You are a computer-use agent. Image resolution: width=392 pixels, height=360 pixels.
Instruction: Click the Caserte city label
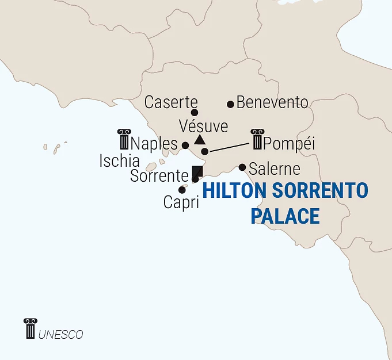coord(171,102)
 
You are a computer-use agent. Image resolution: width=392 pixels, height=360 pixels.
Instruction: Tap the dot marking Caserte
coord(195,113)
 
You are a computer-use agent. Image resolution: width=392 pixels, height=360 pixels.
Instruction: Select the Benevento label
coord(272,103)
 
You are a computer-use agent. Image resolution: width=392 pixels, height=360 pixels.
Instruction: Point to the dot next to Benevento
coord(230,104)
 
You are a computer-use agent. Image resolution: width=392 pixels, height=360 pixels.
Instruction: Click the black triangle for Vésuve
coord(199,140)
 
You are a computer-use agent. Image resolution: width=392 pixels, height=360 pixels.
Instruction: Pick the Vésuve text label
coord(203,126)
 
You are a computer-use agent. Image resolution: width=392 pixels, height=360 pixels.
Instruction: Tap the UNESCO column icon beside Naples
coord(124,139)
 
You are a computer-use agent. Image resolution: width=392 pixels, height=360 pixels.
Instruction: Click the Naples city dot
coord(185,145)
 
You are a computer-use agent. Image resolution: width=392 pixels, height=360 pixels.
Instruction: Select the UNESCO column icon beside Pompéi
coord(257,139)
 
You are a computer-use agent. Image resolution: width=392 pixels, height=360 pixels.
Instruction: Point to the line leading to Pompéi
coord(230,146)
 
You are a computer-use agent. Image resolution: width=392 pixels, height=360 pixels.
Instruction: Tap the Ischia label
coord(119,160)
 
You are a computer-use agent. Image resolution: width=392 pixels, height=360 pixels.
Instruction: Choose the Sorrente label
coord(159,176)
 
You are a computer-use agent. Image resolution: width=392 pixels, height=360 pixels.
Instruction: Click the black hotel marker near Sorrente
coord(197,171)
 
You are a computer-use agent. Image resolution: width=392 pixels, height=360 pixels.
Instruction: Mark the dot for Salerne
coord(242,167)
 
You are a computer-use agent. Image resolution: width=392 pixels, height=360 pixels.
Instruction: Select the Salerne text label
coord(275,169)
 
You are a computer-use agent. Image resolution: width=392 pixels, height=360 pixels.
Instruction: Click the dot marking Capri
coord(182,190)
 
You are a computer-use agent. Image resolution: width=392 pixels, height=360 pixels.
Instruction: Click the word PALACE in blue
coord(286,216)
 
